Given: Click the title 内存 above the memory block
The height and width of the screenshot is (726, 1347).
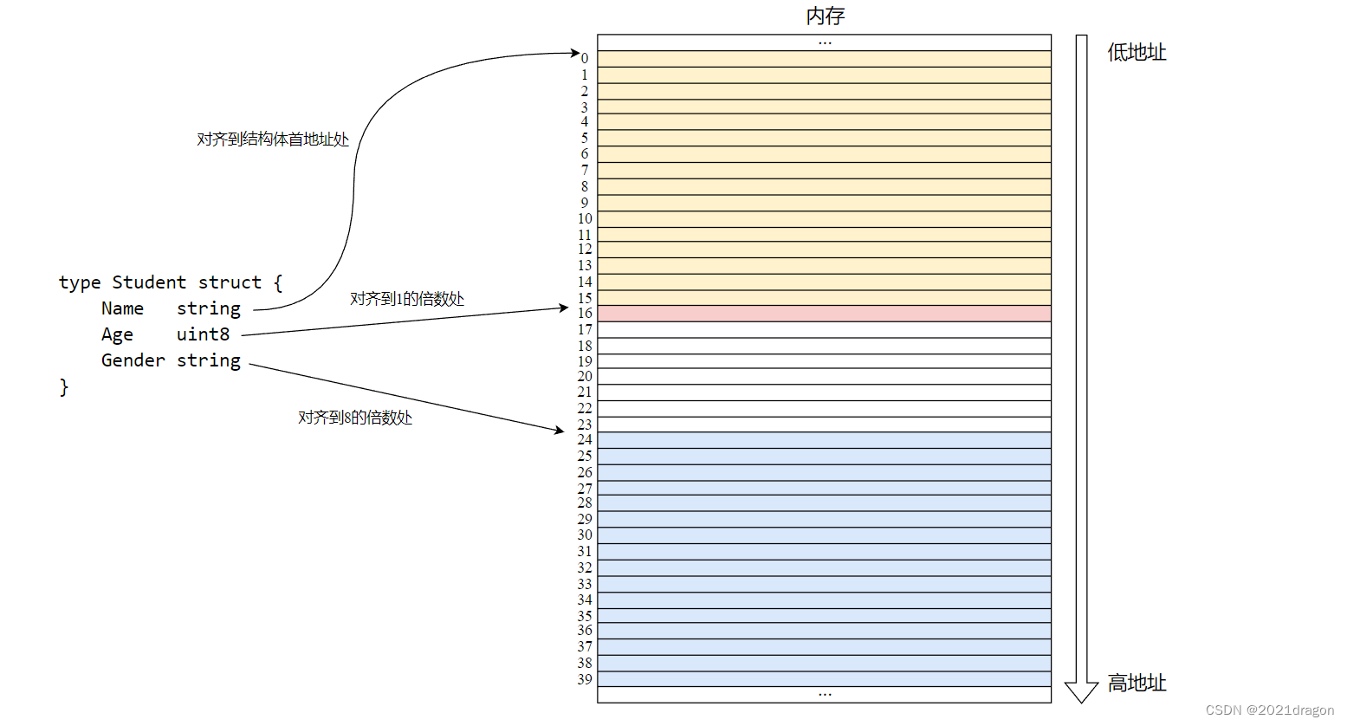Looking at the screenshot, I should tap(825, 16).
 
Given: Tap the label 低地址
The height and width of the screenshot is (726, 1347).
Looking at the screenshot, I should tap(1137, 53).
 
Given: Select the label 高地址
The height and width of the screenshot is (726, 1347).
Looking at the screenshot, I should tap(1137, 684).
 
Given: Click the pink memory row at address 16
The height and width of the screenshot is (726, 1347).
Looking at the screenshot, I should tap(824, 314).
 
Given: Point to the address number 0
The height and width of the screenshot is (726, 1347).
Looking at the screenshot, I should tap(585, 59).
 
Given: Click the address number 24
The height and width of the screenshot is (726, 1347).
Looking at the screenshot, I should tap(585, 440).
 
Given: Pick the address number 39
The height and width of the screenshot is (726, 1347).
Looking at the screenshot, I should tap(585, 679).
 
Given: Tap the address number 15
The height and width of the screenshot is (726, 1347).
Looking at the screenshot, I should tap(585, 298).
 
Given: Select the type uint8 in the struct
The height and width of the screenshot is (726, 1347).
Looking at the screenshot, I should tap(203, 334).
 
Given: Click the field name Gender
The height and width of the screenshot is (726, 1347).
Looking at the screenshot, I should tap(133, 360).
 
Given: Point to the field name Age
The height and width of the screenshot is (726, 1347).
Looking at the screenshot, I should tap(117, 334).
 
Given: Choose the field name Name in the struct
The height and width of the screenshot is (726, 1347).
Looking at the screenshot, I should tap(122, 308).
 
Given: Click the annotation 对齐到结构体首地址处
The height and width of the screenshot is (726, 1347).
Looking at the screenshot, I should tap(273, 139).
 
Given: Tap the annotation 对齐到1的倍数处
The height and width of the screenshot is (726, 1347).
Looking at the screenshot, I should tap(407, 299).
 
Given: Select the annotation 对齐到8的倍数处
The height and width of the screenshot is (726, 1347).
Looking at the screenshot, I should tap(355, 418).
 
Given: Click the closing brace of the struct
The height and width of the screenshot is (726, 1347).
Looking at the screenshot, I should tap(64, 386).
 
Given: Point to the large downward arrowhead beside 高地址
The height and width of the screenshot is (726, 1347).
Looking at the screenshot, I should tap(1081, 692).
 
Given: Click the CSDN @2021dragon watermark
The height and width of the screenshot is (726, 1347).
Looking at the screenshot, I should tap(1269, 710).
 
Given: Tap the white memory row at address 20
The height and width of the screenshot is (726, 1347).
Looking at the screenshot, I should tap(824, 377).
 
